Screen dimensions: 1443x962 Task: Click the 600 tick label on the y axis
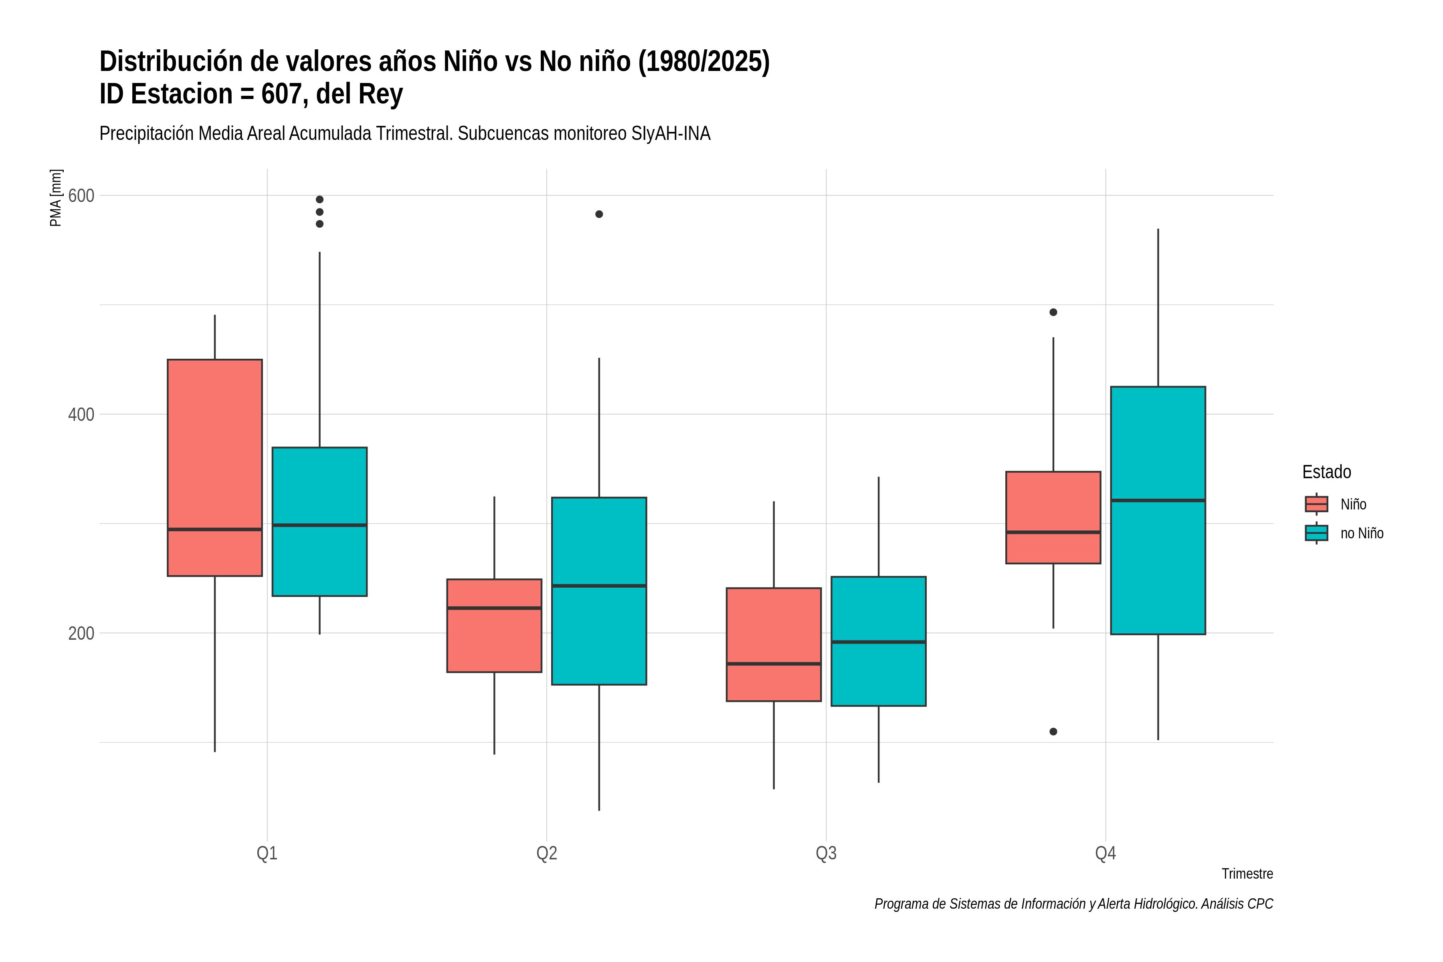point(81,196)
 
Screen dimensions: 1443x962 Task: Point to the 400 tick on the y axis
point(81,415)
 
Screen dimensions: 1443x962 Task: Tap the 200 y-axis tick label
point(81,633)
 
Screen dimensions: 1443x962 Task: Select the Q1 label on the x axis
point(267,853)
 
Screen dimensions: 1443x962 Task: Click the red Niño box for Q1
point(215,467)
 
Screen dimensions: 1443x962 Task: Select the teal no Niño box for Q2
point(599,591)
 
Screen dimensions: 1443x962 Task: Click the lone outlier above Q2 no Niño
point(599,214)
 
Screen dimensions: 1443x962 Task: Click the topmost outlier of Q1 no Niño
point(319,199)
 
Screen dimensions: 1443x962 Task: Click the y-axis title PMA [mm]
point(56,198)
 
